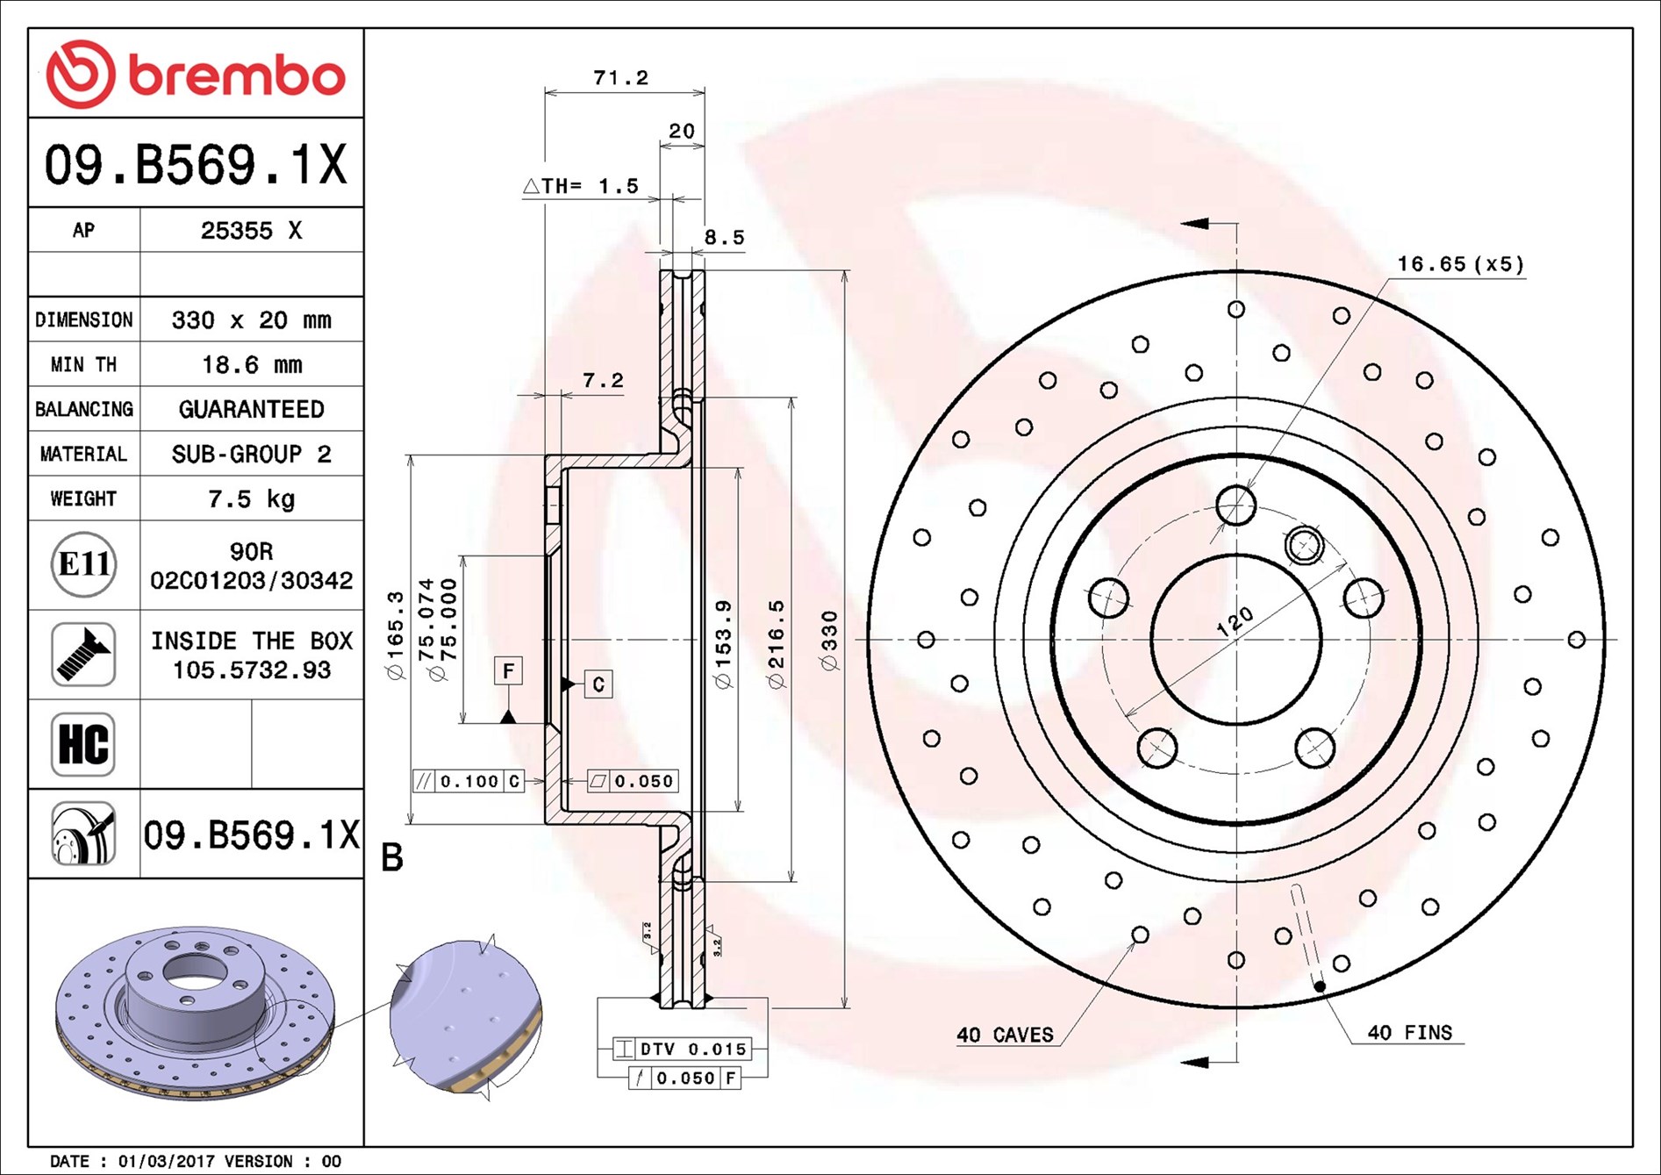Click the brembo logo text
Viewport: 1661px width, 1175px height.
coord(237,75)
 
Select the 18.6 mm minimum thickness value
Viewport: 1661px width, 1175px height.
coord(252,364)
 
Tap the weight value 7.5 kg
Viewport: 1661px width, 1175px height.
coord(252,498)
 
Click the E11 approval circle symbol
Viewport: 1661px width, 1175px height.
coord(83,564)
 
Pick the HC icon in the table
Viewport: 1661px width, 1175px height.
coord(83,744)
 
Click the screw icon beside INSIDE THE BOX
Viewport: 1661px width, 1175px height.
coord(83,655)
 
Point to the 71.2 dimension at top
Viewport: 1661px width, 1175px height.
coord(620,78)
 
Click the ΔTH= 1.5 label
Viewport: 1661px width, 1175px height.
coord(582,186)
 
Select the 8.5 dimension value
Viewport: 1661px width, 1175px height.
coord(724,237)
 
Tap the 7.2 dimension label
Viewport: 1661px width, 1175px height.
coord(603,380)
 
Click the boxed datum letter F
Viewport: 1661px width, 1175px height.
coord(508,671)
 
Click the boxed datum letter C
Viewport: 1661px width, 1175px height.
coord(598,684)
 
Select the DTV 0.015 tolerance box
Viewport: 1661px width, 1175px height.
coord(681,1049)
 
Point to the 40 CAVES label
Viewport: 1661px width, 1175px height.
coord(1005,1035)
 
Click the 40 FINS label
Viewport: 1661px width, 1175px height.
coord(1409,1033)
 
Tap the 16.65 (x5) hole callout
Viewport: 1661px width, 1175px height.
coord(1460,264)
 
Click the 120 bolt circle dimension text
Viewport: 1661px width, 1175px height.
coord(1235,621)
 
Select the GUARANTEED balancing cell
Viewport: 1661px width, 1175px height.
coord(252,409)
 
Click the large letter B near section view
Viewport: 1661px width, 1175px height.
coord(392,857)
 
